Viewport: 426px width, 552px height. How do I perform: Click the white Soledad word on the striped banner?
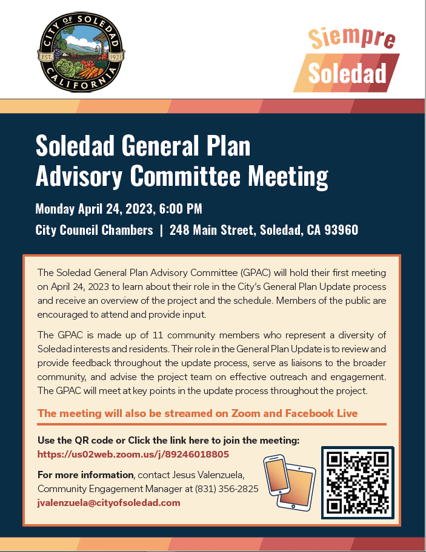[x=347, y=73]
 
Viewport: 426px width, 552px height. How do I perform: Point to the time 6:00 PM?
[x=181, y=209]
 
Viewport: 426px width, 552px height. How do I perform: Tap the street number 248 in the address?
[x=181, y=230]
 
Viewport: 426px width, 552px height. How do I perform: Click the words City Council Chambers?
[x=94, y=230]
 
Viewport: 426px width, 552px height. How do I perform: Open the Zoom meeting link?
[x=133, y=454]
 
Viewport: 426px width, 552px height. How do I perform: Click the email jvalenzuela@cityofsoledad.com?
[x=109, y=502]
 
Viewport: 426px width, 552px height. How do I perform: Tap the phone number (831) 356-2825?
[x=225, y=488]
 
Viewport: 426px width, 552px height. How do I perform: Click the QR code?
[x=357, y=482]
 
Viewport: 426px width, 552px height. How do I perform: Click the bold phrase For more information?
[x=85, y=475]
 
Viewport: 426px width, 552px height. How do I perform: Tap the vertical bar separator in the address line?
[x=161, y=230]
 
